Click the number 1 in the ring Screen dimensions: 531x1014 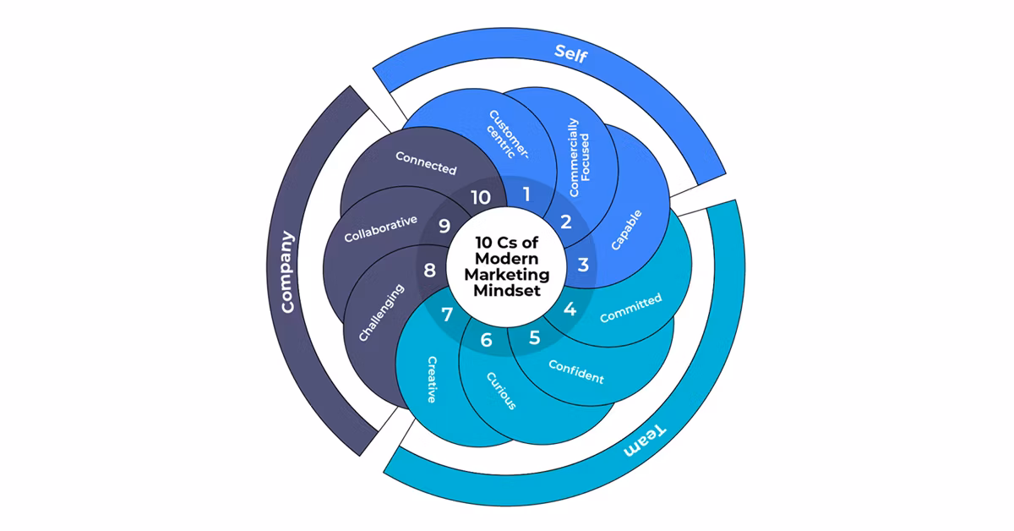(x=526, y=194)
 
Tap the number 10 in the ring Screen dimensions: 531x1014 (x=480, y=198)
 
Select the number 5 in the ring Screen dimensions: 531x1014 (x=534, y=338)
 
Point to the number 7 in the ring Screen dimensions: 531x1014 (x=447, y=315)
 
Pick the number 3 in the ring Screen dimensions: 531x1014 (x=583, y=265)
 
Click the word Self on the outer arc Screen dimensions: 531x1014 (x=570, y=52)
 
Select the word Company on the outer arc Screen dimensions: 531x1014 (x=288, y=272)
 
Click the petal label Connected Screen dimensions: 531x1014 (x=426, y=163)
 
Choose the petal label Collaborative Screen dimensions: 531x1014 (x=380, y=229)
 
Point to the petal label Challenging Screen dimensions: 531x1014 (x=381, y=312)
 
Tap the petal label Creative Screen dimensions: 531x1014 (x=431, y=379)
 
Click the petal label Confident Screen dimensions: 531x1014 (x=576, y=371)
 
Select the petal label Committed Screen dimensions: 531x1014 (x=630, y=309)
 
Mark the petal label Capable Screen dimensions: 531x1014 (x=626, y=229)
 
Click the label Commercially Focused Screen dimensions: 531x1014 (x=579, y=157)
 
